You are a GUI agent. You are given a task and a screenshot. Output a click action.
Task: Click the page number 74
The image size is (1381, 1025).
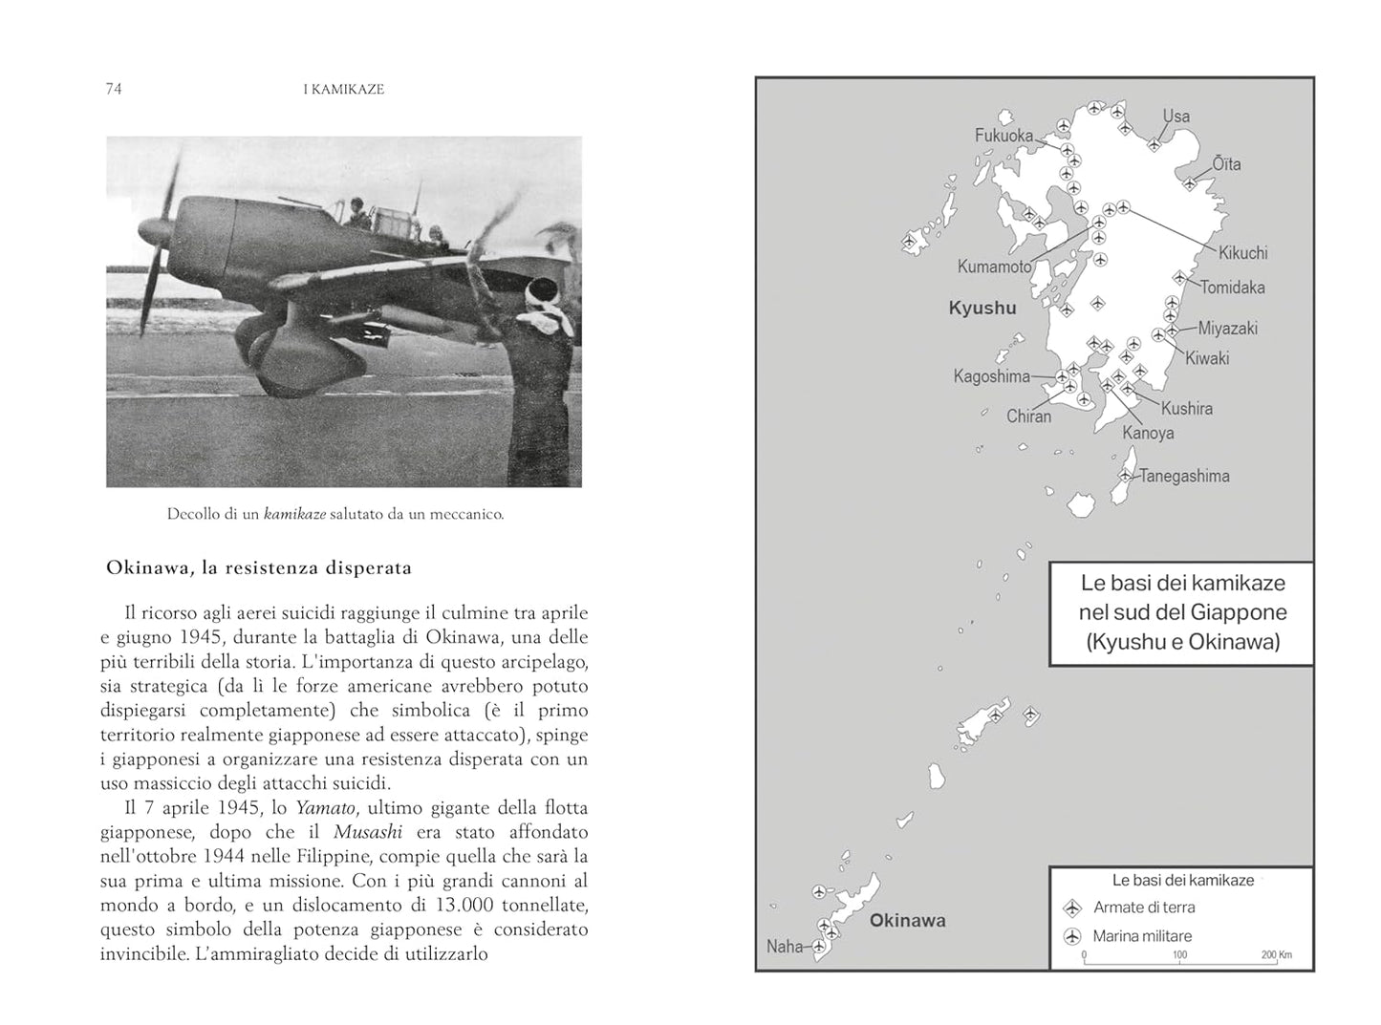coord(113,89)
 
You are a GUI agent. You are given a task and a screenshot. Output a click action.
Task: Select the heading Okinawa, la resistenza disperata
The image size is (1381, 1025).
coord(259,567)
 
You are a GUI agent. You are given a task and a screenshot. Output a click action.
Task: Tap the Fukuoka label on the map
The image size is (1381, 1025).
coord(1003,136)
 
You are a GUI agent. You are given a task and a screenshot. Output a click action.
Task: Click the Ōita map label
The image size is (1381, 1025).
coord(1226,164)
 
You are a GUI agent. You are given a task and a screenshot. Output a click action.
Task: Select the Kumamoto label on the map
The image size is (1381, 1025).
coord(994,267)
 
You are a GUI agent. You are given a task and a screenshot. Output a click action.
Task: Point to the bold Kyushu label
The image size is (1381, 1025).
coord(982,308)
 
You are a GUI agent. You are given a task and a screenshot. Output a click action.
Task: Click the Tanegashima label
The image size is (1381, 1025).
coord(1184,476)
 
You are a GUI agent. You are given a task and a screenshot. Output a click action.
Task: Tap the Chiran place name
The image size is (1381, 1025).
coord(1028,416)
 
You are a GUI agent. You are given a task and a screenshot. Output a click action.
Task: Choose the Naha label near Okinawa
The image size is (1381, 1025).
coord(785,947)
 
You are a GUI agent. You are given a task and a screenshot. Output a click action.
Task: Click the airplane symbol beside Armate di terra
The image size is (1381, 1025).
coord(1071,908)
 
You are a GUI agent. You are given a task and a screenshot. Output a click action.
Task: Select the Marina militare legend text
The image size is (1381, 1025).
coord(1142,936)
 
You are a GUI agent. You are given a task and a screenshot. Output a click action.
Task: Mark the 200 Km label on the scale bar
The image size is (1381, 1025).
coord(1277,954)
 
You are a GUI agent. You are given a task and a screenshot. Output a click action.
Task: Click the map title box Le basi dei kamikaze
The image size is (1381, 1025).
coord(1182,612)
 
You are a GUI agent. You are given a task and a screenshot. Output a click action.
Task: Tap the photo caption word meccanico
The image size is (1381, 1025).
coord(468,514)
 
